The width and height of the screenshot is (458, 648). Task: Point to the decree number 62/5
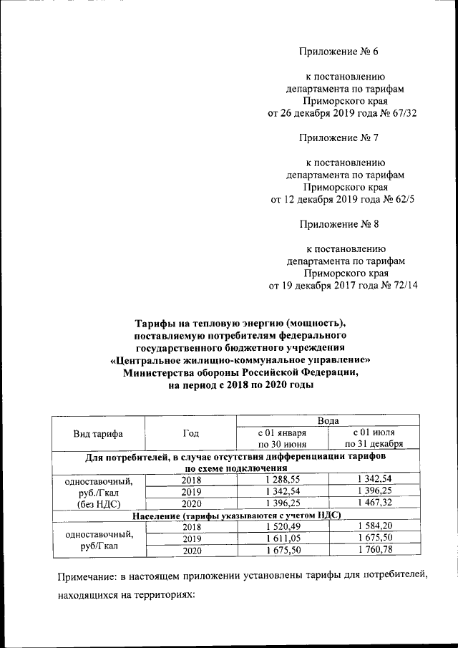tap(399, 199)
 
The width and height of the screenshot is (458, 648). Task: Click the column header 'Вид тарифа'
tap(98, 434)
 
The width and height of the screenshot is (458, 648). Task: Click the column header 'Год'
tap(190, 434)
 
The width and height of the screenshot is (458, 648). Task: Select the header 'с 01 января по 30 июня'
tap(281, 439)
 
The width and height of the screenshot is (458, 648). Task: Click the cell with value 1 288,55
tap(281, 480)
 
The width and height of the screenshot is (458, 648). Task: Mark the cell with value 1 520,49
tap(281, 527)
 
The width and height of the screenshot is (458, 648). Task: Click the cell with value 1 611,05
tap(281, 538)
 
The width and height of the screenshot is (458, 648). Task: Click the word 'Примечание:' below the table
tap(88, 576)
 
